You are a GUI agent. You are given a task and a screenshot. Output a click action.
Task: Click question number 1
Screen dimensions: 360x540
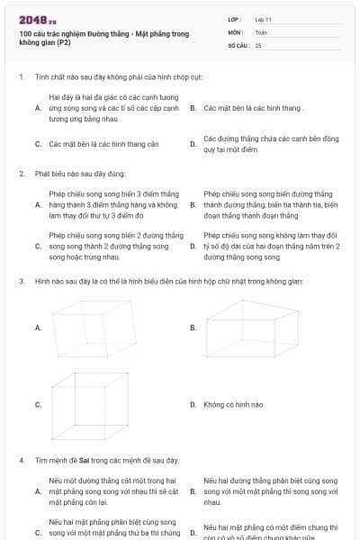pyautogui.click(x=21, y=76)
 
